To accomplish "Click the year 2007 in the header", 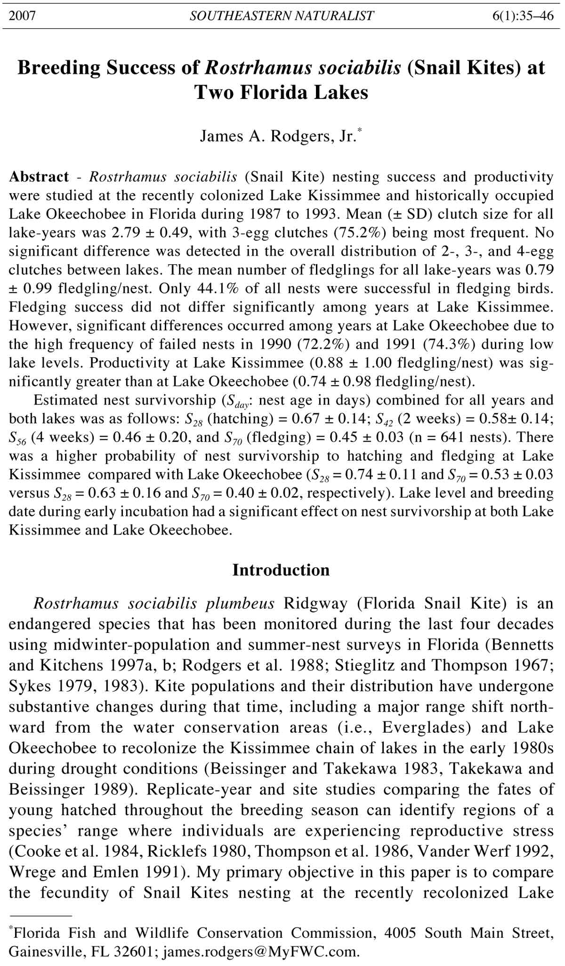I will [23, 16].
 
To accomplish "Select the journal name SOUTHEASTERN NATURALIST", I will [282, 16].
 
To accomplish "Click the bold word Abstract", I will [39, 177].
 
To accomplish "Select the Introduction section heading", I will [281, 570].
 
